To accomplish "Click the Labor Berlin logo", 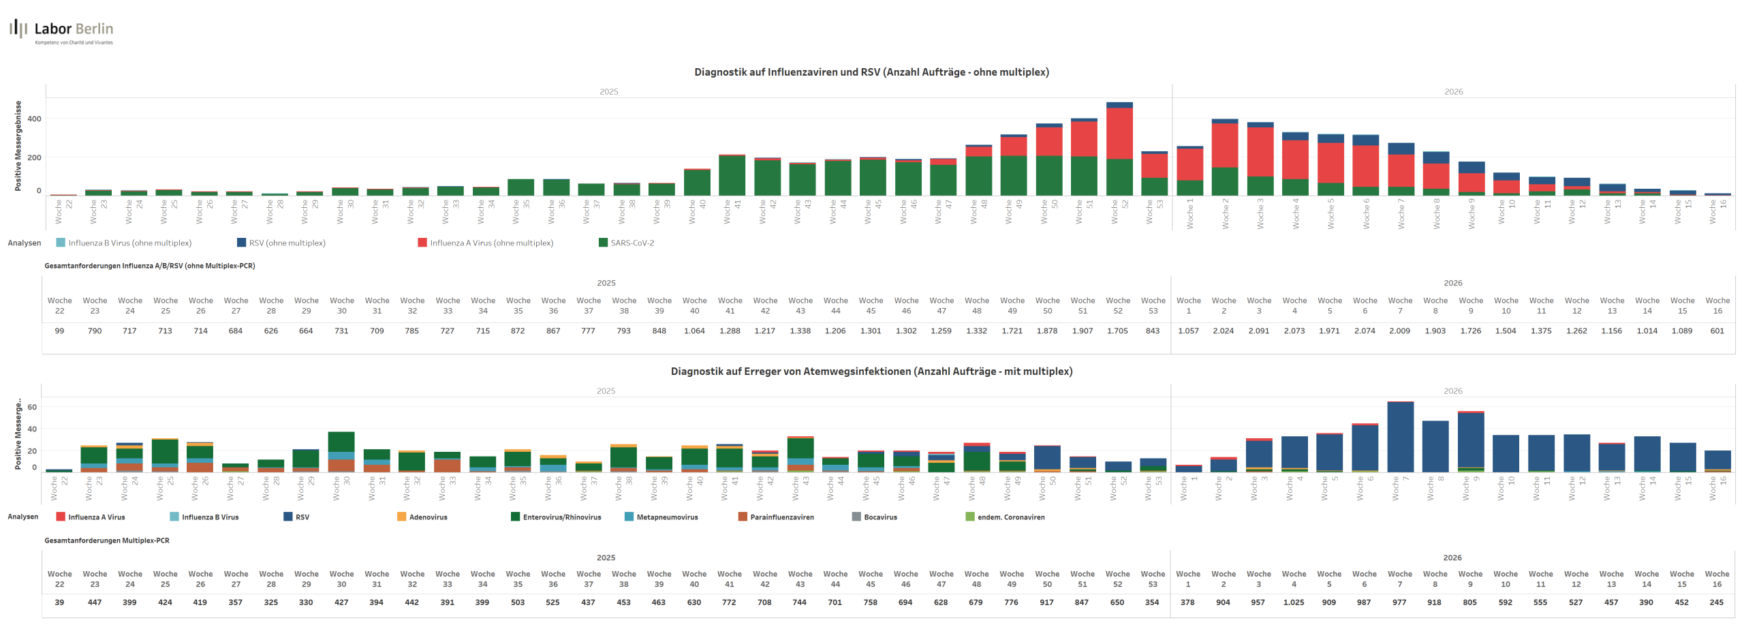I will point(61,31).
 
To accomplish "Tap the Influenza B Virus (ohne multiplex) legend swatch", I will point(61,243).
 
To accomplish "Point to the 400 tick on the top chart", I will point(34,119).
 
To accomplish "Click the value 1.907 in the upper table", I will point(1083,331).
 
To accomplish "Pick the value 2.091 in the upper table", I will point(1258,331).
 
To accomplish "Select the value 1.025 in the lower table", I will point(1293,602).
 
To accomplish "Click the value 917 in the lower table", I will point(1046,602).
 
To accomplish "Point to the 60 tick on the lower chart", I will point(32,408).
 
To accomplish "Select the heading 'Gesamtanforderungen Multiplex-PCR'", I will point(107,540).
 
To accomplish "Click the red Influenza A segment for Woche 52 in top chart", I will point(1119,134).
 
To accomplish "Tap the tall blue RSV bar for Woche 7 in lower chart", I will point(1400,436).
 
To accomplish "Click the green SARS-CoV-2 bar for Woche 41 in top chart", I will point(732,176).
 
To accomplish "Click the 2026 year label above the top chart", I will point(1453,92).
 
